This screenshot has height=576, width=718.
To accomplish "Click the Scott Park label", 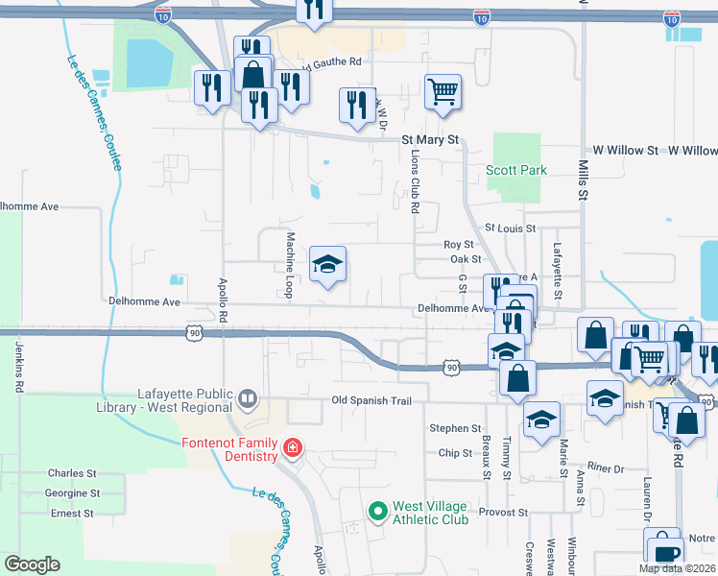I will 516,170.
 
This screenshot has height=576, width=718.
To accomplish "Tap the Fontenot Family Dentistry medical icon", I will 292,447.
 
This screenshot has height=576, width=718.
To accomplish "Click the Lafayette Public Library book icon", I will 248,397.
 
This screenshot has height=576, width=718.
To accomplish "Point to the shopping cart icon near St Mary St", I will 443,92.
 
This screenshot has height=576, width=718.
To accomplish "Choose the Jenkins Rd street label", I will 18,367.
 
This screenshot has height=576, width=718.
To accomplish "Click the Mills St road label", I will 582,180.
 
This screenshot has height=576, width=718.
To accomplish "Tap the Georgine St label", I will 74,492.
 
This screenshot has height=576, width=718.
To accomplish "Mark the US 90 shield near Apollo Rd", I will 195,332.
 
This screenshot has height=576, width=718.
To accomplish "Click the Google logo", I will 32,564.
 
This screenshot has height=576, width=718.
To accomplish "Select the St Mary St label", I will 431,140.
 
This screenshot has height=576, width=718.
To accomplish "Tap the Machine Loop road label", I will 289,265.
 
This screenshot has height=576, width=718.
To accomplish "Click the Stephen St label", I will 455,428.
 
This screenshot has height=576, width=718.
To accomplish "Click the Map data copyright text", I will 676,568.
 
